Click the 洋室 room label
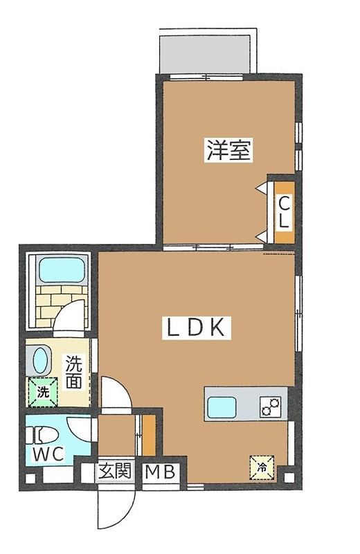pyautogui.click(x=228, y=150)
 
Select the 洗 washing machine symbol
pyautogui.click(x=43, y=392)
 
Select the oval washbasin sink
pyautogui.click(x=41, y=361)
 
